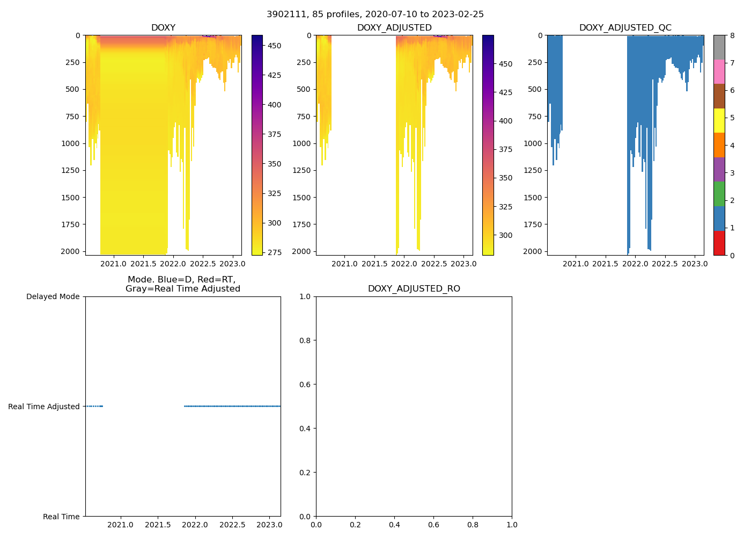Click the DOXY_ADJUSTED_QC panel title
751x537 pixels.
625,28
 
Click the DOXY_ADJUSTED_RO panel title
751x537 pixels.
414,289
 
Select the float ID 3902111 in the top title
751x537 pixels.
285,14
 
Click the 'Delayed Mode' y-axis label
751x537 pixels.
53,296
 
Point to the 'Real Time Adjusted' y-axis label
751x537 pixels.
44,407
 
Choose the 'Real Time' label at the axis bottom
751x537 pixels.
61,517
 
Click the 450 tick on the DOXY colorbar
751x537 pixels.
274,46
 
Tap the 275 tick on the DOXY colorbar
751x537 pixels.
274,252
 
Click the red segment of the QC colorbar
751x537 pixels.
719,243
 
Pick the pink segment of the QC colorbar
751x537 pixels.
719,71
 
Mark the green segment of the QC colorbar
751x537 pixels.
719,193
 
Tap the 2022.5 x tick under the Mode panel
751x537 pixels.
232,525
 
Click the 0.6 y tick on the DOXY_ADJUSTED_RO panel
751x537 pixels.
306,384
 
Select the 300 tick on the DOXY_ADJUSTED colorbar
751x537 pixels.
505,235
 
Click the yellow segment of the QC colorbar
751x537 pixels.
719,120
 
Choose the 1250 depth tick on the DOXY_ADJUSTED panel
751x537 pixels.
301,170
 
